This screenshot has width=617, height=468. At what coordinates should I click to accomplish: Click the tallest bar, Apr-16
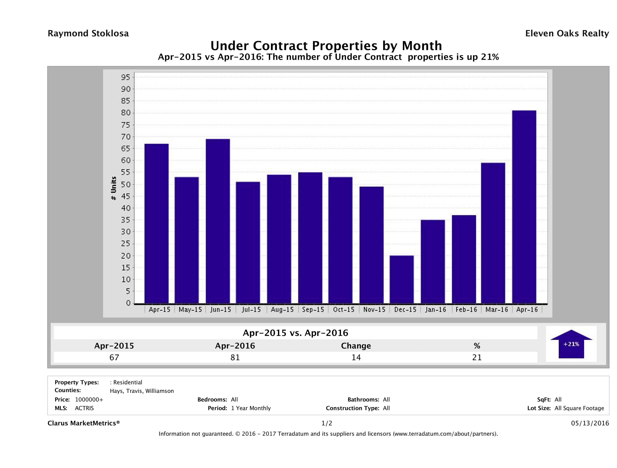coord(524,207)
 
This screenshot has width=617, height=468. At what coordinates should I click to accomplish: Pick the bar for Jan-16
coord(433,261)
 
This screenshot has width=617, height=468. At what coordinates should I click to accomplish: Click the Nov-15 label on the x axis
coord(374,310)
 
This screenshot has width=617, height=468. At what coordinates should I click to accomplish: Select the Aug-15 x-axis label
coord(282,310)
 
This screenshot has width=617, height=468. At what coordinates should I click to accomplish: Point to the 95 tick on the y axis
coord(125,77)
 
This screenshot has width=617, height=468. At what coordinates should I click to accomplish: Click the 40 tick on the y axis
coord(125,208)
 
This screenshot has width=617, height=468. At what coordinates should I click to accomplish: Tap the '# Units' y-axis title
coord(114,188)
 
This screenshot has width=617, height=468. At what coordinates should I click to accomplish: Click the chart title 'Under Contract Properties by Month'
coord(326,45)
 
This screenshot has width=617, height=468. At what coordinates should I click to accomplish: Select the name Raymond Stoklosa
coord(88,33)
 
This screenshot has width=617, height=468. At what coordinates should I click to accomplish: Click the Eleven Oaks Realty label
coord(567,33)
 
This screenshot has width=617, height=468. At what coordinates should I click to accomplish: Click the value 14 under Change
coord(356,357)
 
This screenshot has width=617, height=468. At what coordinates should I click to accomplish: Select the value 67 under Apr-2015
coord(114,357)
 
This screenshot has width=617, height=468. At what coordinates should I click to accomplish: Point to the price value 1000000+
coord(89,399)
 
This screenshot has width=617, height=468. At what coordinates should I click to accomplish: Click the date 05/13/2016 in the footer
coord(590,423)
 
